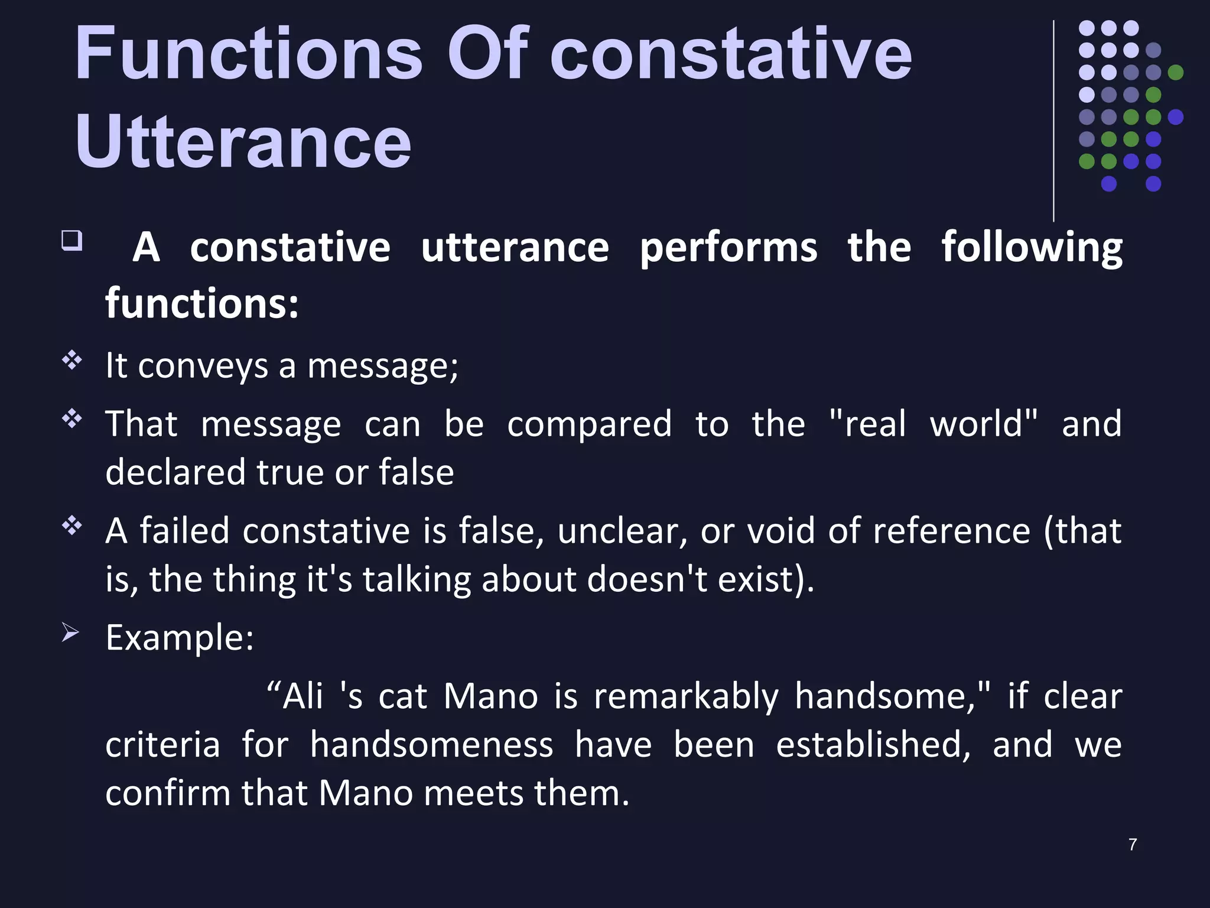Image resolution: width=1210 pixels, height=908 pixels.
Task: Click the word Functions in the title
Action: pyautogui.click(x=248, y=54)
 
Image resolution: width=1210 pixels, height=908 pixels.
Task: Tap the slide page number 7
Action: pyautogui.click(x=1132, y=844)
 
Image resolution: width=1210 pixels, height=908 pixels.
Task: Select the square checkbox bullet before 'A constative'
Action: pyautogui.click(x=71, y=241)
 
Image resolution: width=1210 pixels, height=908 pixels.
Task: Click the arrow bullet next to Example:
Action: pyautogui.click(x=70, y=633)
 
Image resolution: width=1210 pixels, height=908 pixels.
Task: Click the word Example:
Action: pyautogui.click(x=180, y=638)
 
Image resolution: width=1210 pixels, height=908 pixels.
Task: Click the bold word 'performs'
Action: pyautogui.click(x=728, y=247)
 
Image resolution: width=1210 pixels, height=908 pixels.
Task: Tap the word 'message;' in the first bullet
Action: pyautogui.click(x=382, y=366)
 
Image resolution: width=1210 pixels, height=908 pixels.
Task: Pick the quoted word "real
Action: pyautogui.click(x=867, y=424)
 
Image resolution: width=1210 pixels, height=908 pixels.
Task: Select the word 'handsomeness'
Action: pyautogui.click(x=431, y=744)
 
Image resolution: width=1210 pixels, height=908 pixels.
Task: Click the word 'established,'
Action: pyautogui.click(x=873, y=744)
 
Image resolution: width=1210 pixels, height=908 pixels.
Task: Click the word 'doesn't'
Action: pyautogui.click(x=647, y=579)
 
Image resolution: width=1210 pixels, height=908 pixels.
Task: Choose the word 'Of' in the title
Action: pyautogui.click(x=487, y=54)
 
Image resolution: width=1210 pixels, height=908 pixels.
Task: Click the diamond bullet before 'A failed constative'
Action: pyautogui.click(x=71, y=525)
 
